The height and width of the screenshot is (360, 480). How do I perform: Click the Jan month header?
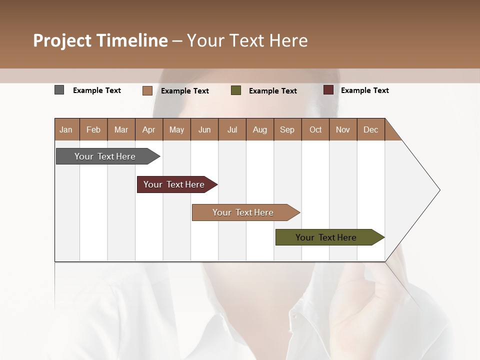(x=66, y=129)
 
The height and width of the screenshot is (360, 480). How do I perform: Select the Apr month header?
(x=148, y=129)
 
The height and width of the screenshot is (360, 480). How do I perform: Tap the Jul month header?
(x=232, y=129)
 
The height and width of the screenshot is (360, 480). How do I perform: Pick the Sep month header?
(x=287, y=129)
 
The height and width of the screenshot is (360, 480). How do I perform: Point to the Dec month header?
(x=370, y=129)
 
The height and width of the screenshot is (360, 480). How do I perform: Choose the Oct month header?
(x=315, y=129)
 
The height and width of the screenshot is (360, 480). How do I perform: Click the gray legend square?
(x=59, y=90)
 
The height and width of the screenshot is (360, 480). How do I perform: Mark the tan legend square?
(x=147, y=90)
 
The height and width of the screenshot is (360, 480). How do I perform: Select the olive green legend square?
(x=236, y=90)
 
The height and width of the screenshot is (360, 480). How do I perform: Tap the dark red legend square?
(x=328, y=90)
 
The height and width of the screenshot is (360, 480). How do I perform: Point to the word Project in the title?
(x=61, y=40)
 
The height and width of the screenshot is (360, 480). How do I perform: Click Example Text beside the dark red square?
(x=364, y=90)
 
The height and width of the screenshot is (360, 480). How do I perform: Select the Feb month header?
(x=93, y=129)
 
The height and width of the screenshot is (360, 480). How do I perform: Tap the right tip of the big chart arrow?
(x=439, y=189)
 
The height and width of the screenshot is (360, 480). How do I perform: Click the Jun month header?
(x=204, y=129)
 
